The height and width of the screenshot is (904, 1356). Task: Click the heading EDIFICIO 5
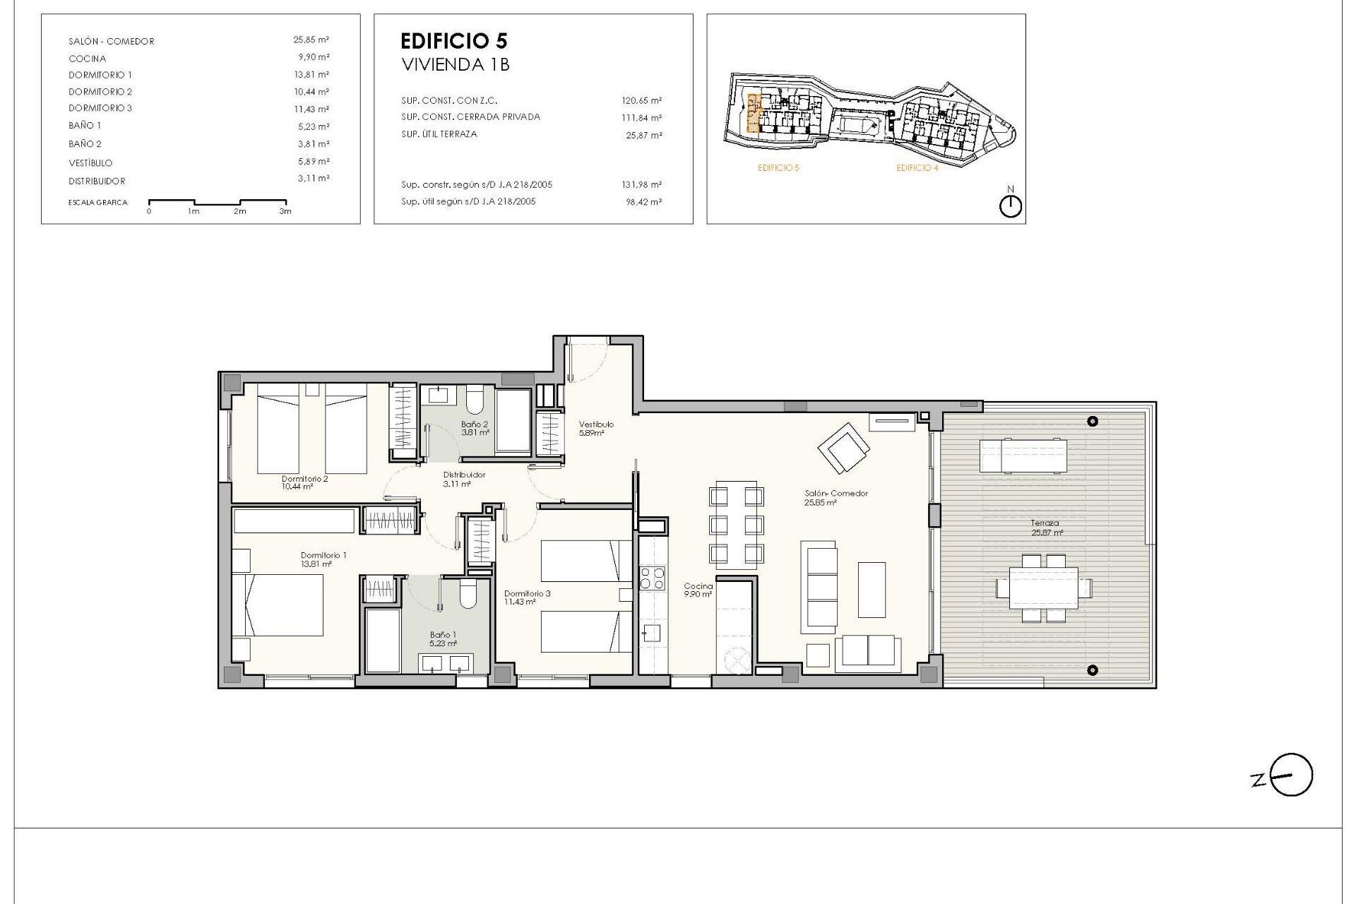click(453, 41)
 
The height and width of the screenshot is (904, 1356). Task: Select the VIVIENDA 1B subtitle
click(455, 65)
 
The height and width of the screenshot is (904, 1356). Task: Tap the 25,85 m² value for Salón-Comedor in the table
click(311, 40)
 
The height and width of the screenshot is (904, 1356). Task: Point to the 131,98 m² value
click(643, 185)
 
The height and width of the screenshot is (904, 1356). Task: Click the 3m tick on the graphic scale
click(285, 211)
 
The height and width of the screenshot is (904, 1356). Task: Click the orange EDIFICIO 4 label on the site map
click(917, 168)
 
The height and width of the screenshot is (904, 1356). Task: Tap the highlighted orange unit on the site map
click(754, 114)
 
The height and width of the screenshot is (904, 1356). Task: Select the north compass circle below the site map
click(1011, 206)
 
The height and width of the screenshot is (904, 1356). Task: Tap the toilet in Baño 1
click(468, 595)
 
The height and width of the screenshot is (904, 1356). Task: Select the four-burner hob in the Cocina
click(652, 578)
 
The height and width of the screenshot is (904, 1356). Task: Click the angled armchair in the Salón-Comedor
click(844, 448)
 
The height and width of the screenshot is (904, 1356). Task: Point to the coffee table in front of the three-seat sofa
click(872, 590)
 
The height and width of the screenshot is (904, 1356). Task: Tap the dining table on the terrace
click(1044, 588)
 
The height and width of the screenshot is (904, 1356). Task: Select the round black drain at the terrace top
click(1093, 422)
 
